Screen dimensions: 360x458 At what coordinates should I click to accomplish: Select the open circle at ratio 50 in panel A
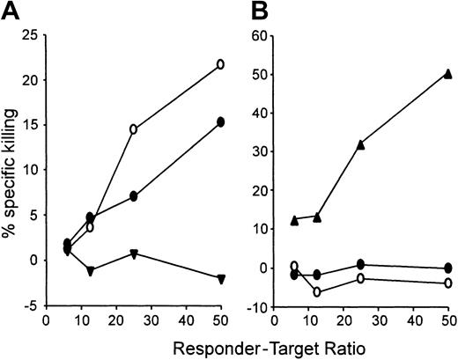pyautogui.click(x=220, y=64)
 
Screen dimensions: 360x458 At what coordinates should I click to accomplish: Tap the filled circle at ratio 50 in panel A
pyautogui.click(x=220, y=122)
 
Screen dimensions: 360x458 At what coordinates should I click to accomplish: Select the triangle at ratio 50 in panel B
pyautogui.click(x=448, y=74)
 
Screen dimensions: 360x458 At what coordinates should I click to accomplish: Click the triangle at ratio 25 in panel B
pyautogui.click(x=361, y=144)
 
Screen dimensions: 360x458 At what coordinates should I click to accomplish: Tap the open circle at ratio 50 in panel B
pyautogui.click(x=448, y=283)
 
